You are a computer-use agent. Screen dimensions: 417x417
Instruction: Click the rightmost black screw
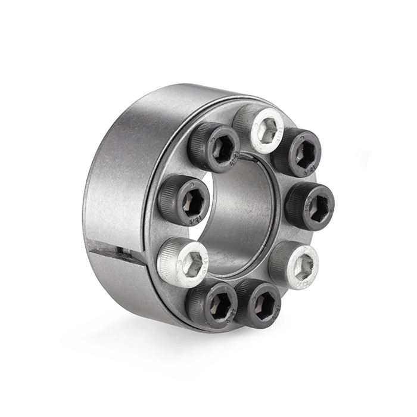coord(310,206)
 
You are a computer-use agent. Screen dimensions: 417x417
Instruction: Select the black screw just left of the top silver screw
coord(215,147)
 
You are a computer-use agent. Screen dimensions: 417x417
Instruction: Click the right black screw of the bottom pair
coord(259,304)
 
